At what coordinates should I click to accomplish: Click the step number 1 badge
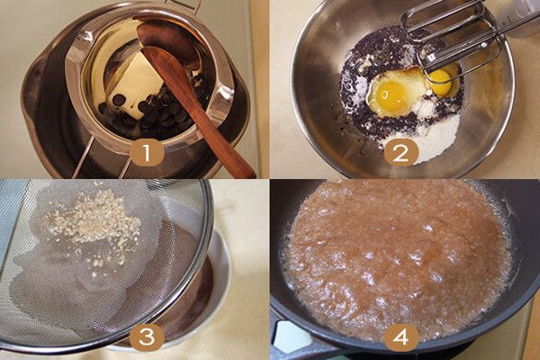(147, 153)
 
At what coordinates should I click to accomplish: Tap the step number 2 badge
(400, 153)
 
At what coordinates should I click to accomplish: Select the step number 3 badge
(147, 337)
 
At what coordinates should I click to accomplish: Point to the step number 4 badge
(400, 337)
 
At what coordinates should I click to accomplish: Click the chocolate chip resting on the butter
(119, 100)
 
